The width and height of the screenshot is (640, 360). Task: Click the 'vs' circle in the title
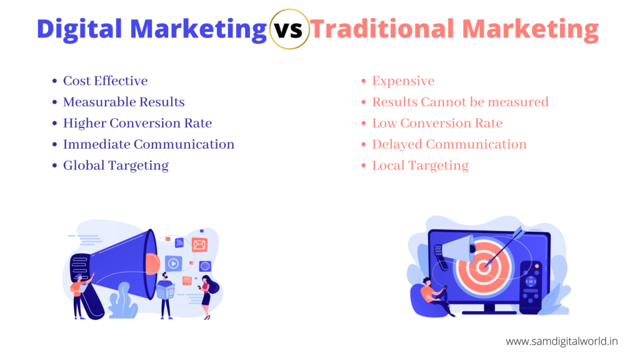click(x=289, y=29)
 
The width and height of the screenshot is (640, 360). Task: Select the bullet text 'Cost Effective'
click(x=105, y=81)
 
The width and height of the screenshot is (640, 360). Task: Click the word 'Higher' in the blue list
click(x=84, y=123)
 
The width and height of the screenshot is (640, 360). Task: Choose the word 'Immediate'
click(x=96, y=144)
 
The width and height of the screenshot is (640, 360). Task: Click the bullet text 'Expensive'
click(x=403, y=81)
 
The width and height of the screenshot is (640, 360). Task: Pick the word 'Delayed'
click(x=397, y=144)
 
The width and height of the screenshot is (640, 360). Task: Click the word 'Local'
click(x=388, y=166)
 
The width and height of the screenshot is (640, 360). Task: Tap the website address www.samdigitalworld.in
click(x=562, y=341)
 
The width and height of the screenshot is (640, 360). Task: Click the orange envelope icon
click(x=199, y=245)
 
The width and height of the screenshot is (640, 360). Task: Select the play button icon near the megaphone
click(x=174, y=264)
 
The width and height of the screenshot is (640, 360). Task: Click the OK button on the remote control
click(x=531, y=282)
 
